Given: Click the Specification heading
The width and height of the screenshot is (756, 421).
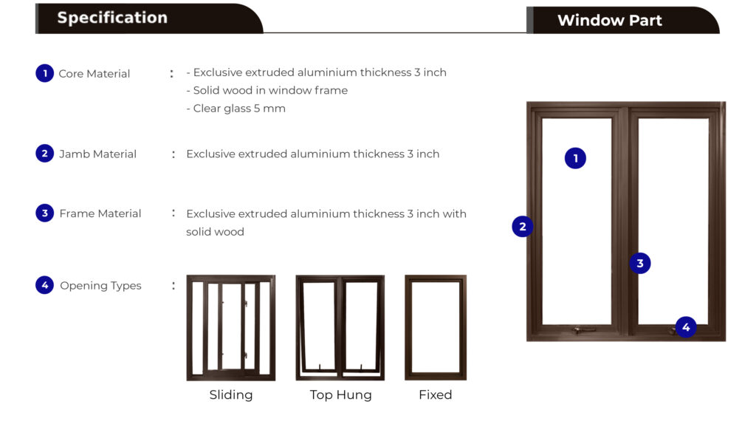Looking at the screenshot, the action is (x=112, y=18).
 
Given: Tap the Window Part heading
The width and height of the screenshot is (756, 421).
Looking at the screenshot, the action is (x=609, y=20).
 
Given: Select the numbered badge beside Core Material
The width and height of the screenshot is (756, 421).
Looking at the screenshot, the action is (x=45, y=73).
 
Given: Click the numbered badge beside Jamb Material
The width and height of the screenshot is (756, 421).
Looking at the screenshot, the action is (x=45, y=154).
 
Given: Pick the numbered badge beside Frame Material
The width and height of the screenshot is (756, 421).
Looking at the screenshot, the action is (x=45, y=213).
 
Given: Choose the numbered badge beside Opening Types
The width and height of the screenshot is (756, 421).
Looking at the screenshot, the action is (x=45, y=285).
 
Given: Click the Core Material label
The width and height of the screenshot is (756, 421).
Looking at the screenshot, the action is (x=94, y=74).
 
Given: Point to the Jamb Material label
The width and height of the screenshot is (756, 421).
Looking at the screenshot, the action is (x=98, y=154).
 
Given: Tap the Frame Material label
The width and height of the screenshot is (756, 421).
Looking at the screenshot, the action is (x=100, y=213).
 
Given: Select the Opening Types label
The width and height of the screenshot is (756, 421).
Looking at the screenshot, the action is (x=100, y=286).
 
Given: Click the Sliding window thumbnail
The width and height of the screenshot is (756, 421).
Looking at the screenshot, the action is (x=231, y=328).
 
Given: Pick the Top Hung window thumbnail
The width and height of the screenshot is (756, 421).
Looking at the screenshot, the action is (x=340, y=328).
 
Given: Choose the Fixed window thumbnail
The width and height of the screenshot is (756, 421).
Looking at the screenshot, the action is (x=436, y=328).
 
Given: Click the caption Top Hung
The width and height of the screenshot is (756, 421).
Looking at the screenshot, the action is (x=341, y=395).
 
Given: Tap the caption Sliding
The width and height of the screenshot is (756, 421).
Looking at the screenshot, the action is (x=231, y=395).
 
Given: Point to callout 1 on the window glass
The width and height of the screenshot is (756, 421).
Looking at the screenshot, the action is (x=575, y=158).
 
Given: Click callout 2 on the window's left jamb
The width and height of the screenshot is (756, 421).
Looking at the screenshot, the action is (x=523, y=226).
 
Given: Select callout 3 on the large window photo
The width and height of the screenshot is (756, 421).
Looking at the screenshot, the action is (x=640, y=263).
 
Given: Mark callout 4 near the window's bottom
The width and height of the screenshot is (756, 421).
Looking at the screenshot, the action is (x=686, y=327).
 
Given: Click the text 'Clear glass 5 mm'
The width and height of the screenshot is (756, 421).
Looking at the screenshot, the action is (x=239, y=109).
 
